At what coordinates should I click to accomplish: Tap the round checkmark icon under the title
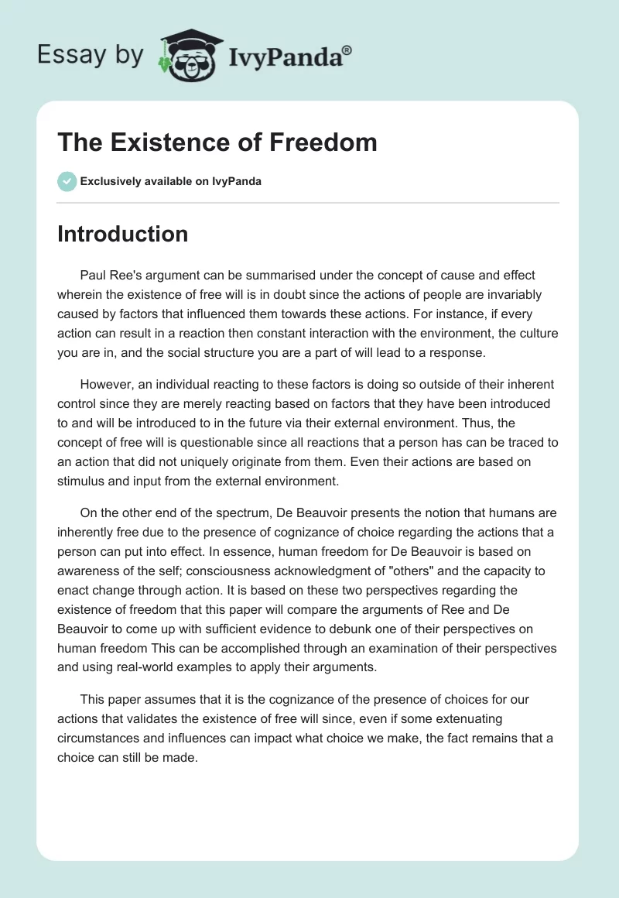pos(67,181)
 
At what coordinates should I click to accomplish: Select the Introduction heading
pos(122,234)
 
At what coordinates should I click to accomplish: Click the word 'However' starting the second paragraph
pos(106,384)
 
